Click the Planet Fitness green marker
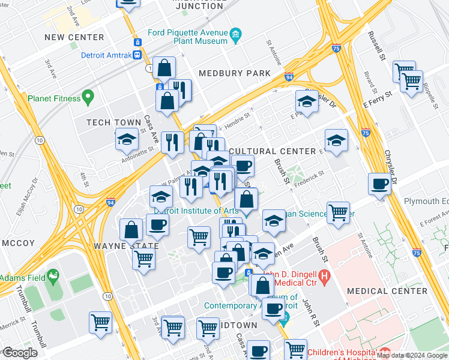pos(88,97)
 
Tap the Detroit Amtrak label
pos(106,55)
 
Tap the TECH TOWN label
pos(114,122)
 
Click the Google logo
pos(19,353)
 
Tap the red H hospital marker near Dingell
pos(324,277)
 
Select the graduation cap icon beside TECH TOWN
pos(127,140)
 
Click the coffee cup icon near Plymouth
pos(380,184)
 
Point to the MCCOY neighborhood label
pos(19,243)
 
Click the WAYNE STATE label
pos(126,246)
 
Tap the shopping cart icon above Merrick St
pos(100,322)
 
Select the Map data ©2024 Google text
pos(412,355)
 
